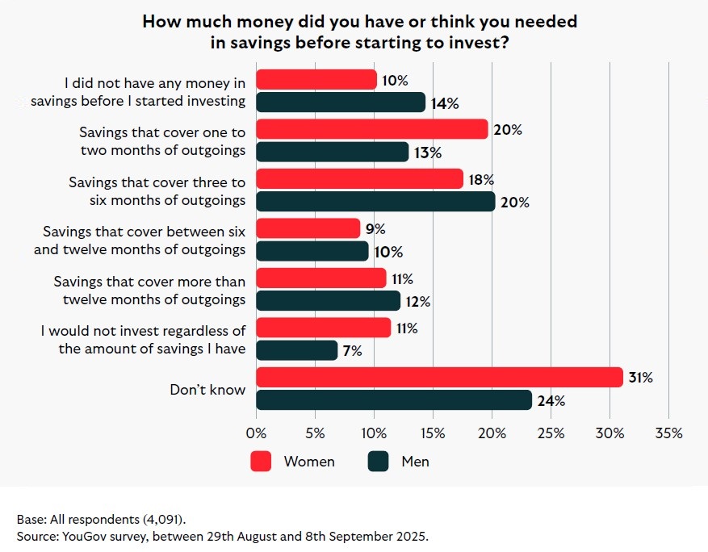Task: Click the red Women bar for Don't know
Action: [x=439, y=377]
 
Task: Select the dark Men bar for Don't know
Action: [x=394, y=400]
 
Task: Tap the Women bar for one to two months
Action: [x=372, y=129]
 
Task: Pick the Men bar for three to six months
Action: [x=375, y=202]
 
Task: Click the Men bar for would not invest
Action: [x=297, y=350]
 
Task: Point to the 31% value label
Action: [x=640, y=378]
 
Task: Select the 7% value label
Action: [x=353, y=351]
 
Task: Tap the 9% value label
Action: [x=375, y=229]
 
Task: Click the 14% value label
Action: [x=444, y=103]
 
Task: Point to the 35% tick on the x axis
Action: [x=669, y=433]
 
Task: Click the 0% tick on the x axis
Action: [x=257, y=433]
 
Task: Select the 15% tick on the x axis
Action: [x=434, y=433]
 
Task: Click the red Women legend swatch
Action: [x=260, y=462]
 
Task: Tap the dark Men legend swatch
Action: [x=379, y=462]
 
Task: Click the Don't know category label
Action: [x=207, y=390]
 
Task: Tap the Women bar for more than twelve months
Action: [x=321, y=278]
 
